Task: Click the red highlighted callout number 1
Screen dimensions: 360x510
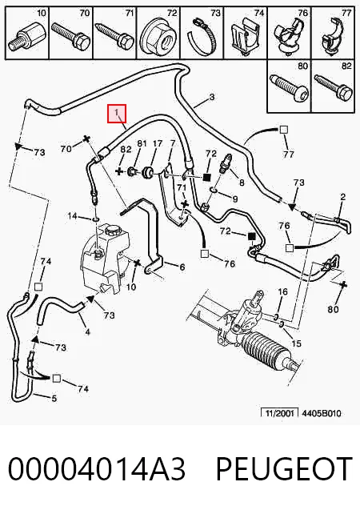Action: (x=117, y=114)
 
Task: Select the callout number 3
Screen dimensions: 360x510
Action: (x=211, y=97)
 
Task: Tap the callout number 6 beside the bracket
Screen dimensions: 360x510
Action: (x=182, y=267)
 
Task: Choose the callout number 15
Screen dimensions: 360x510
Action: (x=296, y=343)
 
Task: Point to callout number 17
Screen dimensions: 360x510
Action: (x=158, y=143)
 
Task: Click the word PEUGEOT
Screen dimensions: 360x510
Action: (x=284, y=468)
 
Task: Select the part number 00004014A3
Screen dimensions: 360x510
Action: (x=97, y=468)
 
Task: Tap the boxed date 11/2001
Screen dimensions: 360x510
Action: (x=280, y=413)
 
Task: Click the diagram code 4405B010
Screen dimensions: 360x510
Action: (x=322, y=413)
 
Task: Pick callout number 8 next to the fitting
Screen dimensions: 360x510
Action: (x=242, y=183)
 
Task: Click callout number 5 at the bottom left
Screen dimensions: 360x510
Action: (x=54, y=398)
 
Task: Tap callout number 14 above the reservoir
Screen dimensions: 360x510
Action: (x=72, y=215)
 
